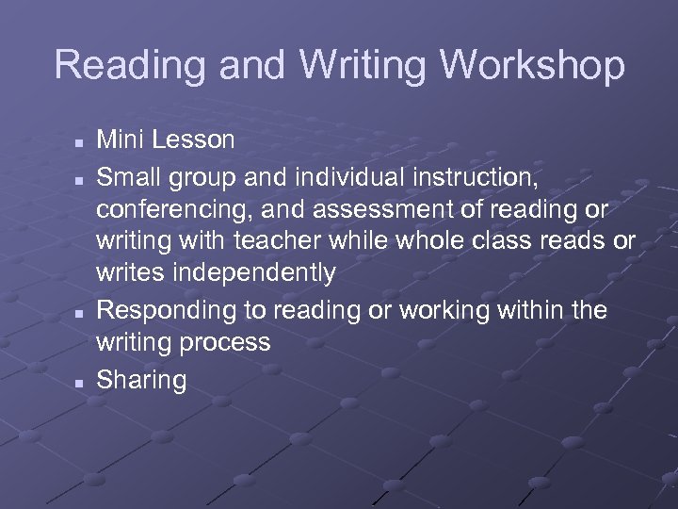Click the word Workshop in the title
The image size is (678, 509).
coord(533,65)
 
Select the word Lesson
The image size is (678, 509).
coord(196,140)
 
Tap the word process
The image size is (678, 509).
coord(229,342)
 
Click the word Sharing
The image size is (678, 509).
coord(142,381)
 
